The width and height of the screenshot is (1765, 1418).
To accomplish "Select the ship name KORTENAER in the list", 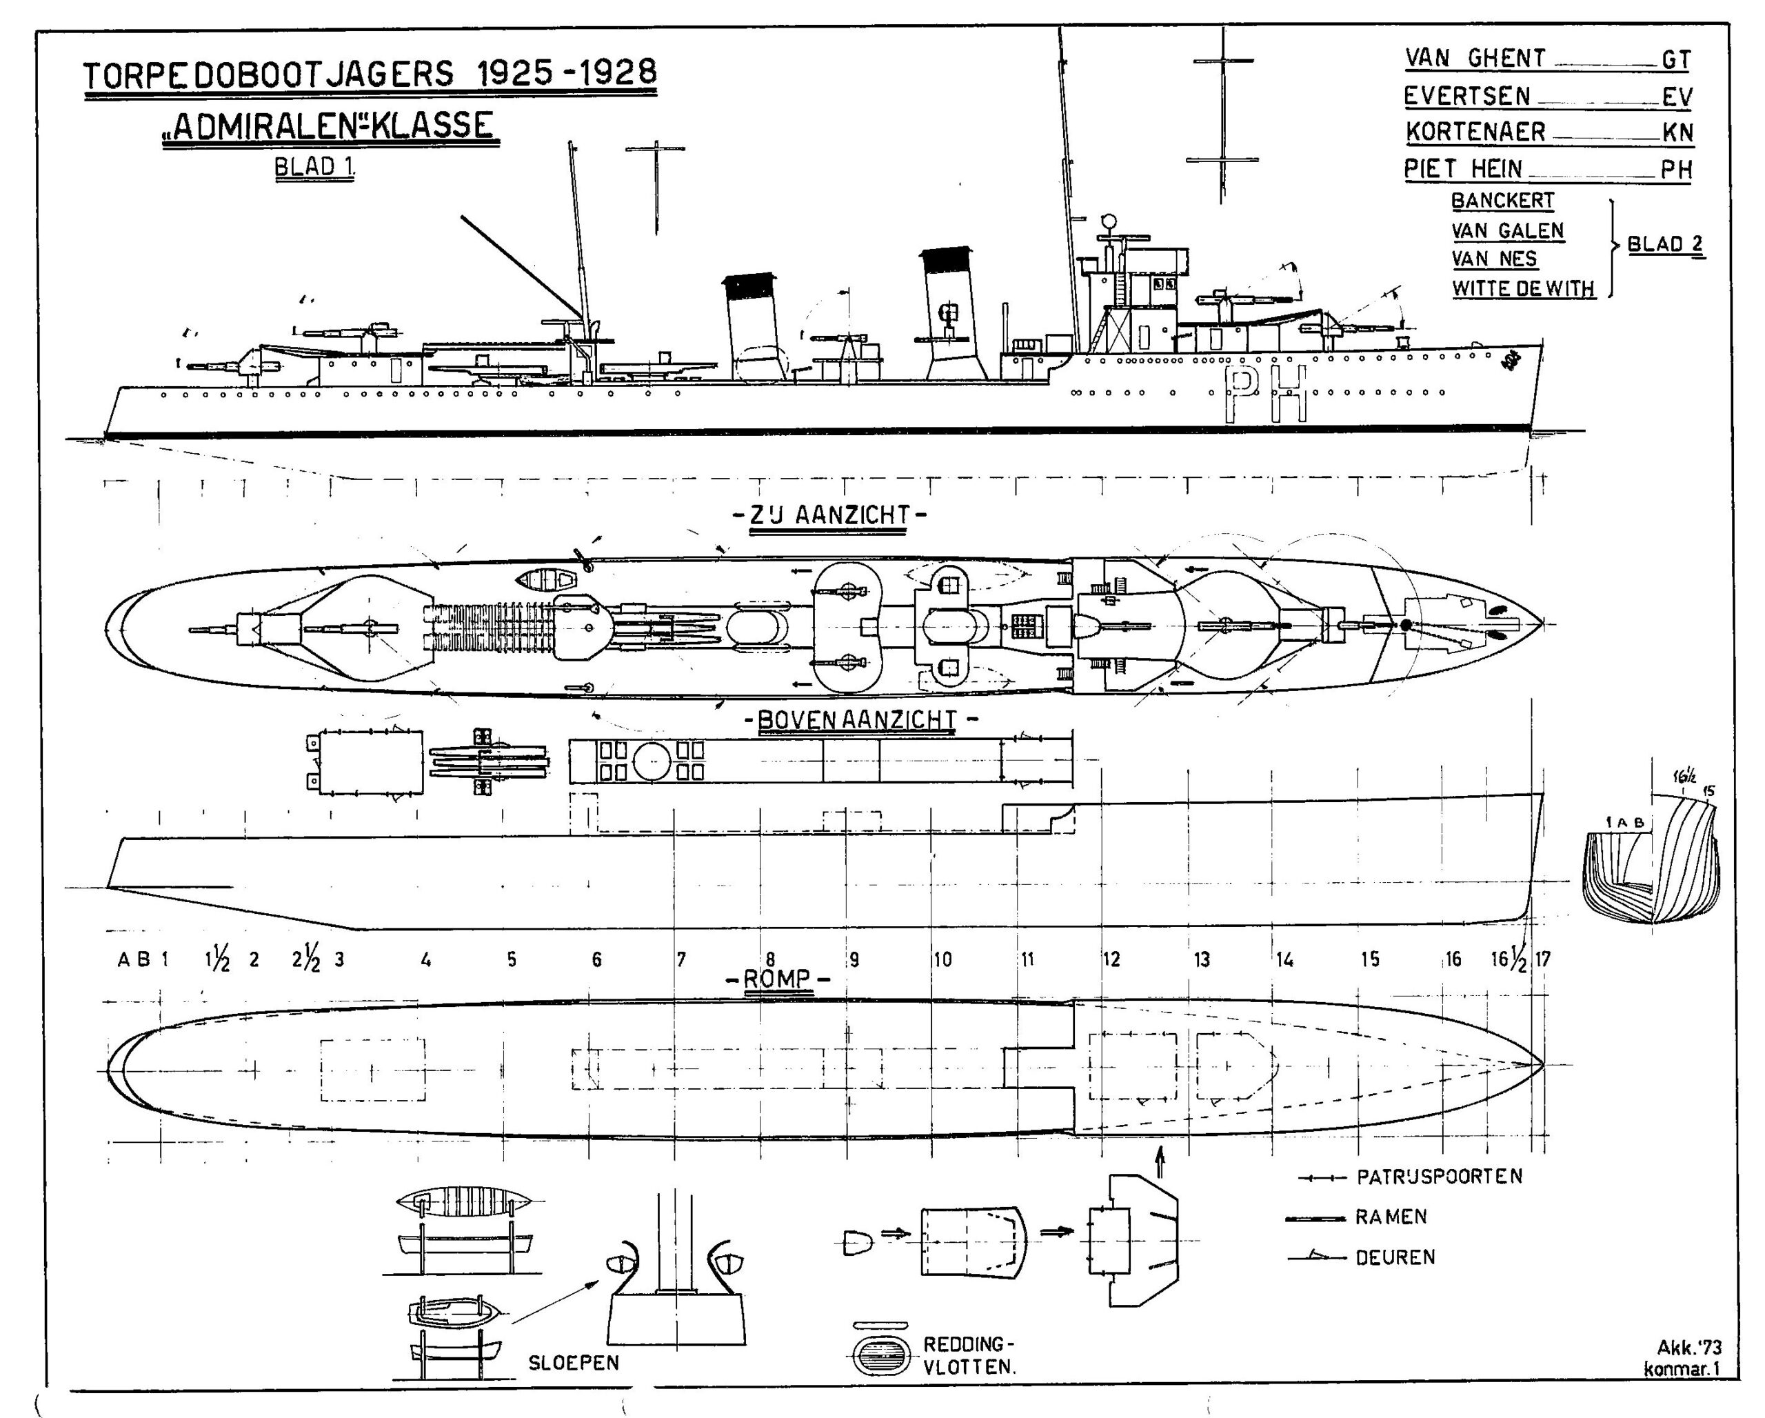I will click(x=1475, y=132).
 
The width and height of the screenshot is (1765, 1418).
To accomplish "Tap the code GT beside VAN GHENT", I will click(x=1676, y=60).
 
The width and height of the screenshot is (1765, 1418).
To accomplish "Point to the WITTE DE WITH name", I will click(x=1524, y=288).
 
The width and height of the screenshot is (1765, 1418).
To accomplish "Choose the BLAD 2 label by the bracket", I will click(x=1664, y=245).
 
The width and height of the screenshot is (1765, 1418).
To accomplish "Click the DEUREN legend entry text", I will click(x=1395, y=1257).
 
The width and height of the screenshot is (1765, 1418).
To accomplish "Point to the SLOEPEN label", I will click(x=573, y=1363).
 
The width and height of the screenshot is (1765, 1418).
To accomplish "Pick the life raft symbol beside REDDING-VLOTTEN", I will click(x=880, y=1356).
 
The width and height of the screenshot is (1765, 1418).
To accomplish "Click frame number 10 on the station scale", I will click(x=942, y=959).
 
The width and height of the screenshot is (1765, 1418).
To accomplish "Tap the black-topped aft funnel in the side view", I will click(x=750, y=328).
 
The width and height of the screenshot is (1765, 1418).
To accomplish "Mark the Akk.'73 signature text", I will click(x=1689, y=1348).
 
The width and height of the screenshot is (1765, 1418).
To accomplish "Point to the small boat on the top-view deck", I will click(x=546, y=581).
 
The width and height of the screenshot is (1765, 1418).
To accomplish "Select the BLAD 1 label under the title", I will click(x=314, y=167).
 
